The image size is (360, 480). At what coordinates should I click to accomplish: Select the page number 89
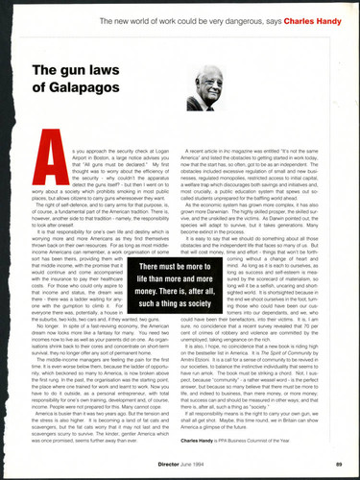(x=340, y=463)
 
